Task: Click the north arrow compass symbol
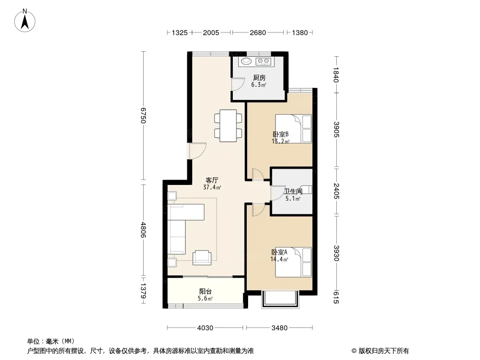tap(25, 21)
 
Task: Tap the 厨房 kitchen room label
tap(259, 78)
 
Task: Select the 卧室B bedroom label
tap(281, 134)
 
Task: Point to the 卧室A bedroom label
tap(279, 252)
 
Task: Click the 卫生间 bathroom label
tap(293, 191)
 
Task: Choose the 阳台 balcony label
tap(205, 292)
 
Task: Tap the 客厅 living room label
tap(212, 180)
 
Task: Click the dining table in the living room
tap(228, 126)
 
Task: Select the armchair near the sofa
tap(202, 257)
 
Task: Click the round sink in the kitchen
tap(246, 61)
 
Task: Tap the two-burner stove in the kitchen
tap(263, 62)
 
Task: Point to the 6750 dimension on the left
tap(143, 115)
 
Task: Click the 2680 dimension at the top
tap(258, 33)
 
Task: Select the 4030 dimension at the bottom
tap(205, 328)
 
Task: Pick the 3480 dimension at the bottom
tap(279, 328)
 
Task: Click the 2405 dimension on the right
tap(336, 191)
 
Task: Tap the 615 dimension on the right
tap(336, 297)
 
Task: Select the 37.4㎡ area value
tap(212, 188)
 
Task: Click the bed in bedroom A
tap(293, 262)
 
